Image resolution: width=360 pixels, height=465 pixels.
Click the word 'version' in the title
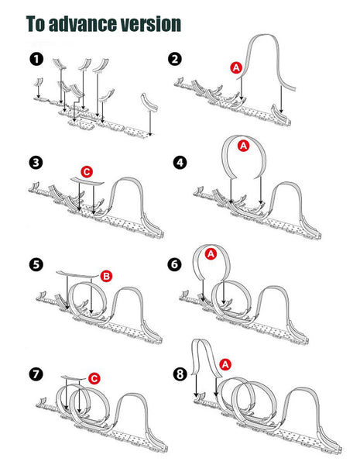[150, 24]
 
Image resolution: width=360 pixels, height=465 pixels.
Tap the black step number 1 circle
[36, 59]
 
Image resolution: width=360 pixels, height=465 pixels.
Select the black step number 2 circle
[175, 59]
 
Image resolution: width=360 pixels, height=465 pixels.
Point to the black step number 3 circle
[36, 163]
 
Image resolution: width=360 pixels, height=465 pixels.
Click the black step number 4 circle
[180, 163]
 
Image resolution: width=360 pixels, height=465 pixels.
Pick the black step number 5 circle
[36, 264]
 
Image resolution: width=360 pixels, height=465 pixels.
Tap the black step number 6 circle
[174, 264]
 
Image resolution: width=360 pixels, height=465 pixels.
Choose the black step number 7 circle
[36, 374]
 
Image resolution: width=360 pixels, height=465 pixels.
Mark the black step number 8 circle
[180, 374]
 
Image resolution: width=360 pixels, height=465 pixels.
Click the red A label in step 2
[236, 68]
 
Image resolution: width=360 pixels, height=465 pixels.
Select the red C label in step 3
[87, 172]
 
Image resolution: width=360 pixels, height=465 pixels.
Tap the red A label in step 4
[244, 146]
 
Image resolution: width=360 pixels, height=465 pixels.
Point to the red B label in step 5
[106, 277]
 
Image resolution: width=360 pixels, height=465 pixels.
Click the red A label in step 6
[211, 254]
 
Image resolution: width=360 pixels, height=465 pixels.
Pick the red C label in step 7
[94, 379]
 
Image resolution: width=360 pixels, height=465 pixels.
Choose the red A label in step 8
[225, 364]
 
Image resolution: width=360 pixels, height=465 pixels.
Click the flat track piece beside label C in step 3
[87, 181]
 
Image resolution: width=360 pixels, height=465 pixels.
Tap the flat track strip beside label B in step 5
[77, 274]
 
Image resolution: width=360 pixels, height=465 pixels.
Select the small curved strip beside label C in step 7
[74, 378]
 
